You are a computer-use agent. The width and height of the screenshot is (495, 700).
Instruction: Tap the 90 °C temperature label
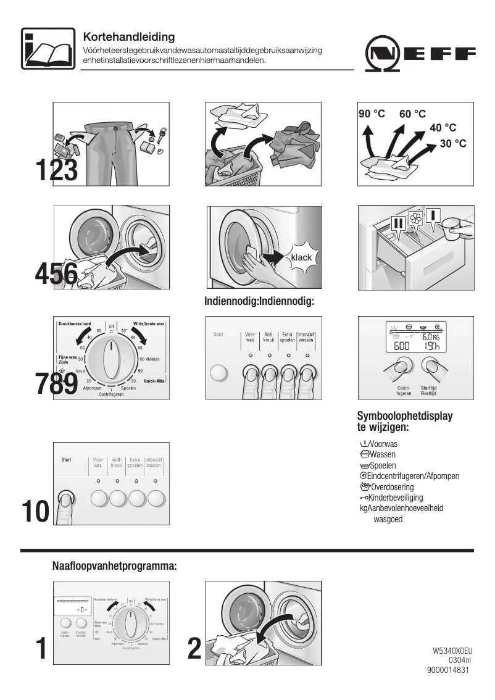[x=372, y=114]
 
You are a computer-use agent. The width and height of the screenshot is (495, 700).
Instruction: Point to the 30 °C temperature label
[x=452, y=143]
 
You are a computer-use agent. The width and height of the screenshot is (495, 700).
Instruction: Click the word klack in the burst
[x=301, y=257]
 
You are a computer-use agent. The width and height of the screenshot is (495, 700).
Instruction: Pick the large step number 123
[x=56, y=170]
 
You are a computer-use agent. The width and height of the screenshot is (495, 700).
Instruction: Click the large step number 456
[x=56, y=273]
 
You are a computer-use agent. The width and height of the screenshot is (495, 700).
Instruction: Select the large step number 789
[x=56, y=383]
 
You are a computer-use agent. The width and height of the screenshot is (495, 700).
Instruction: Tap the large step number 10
[x=35, y=512]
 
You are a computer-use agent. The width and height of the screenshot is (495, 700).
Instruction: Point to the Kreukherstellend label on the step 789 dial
[x=75, y=323]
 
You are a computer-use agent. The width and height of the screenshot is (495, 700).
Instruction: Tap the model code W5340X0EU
[x=452, y=651]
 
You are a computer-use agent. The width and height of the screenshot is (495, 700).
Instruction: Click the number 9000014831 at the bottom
[x=448, y=671]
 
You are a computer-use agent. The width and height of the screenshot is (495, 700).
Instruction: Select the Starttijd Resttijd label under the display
[x=429, y=391]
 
